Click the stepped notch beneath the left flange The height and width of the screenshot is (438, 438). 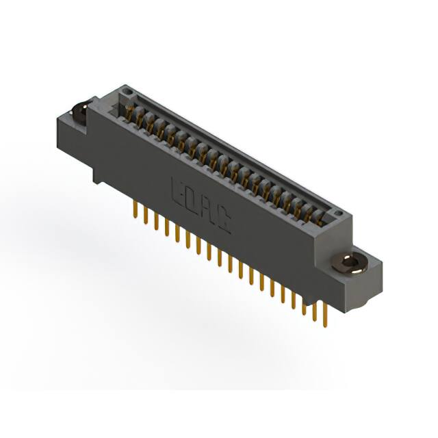pyautogui.click(x=98, y=175)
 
